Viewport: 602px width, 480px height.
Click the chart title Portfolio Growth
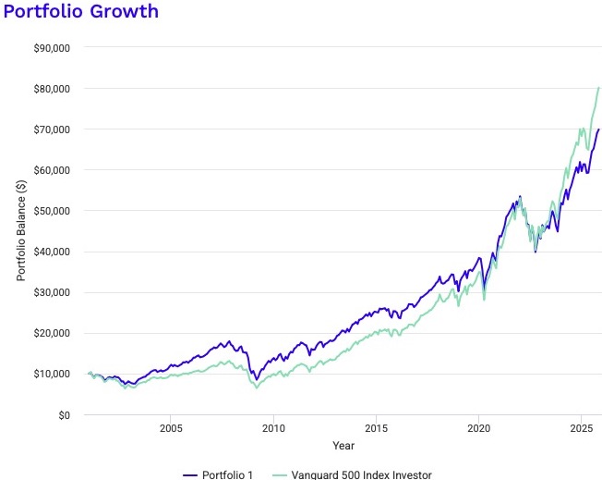pyautogui.click(x=80, y=12)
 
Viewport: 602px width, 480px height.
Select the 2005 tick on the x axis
pyautogui.click(x=171, y=429)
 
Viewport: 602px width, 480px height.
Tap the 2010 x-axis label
pyautogui.click(x=273, y=429)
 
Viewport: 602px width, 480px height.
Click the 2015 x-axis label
pyautogui.click(x=376, y=429)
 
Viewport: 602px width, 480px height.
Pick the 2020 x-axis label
pyautogui.click(x=478, y=429)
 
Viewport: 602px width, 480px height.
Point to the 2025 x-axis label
pyautogui.click(x=581, y=429)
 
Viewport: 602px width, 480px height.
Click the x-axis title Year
pyautogui.click(x=343, y=446)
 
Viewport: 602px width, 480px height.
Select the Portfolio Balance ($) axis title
pyautogui.click(x=21, y=231)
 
